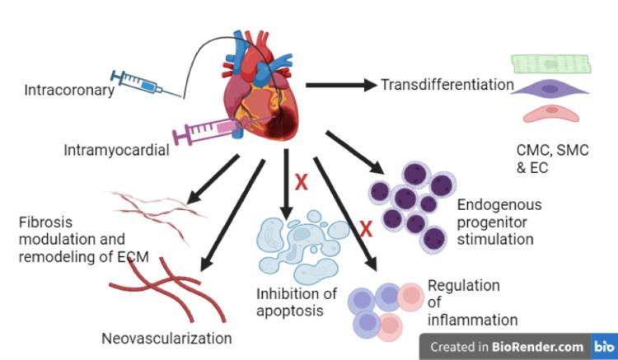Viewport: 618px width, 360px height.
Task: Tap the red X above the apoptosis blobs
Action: pos(302,182)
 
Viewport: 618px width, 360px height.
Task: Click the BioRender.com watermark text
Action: pos(539,347)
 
